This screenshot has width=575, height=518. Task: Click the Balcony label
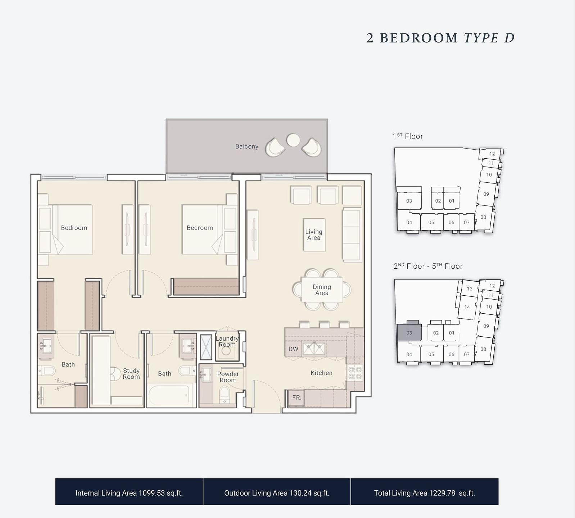click(247, 146)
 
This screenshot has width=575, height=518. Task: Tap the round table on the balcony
click(293, 140)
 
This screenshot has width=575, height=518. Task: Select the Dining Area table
click(322, 289)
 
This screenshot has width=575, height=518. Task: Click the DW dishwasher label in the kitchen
click(293, 349)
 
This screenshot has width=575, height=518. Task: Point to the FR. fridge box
click(296, 398)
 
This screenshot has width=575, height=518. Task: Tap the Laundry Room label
click(227, 341)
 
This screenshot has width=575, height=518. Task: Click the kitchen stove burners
click(355, 373)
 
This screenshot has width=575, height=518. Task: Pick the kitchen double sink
click(314, 349)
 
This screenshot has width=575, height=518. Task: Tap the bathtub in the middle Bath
click(169, 396)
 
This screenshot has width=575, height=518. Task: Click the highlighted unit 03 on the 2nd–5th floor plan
click(409, 333)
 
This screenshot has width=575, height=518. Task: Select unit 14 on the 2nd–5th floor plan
click(467, 307)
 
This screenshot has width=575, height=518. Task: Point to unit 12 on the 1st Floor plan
click(492, 154)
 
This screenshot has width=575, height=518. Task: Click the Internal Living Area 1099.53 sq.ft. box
click(129, 492)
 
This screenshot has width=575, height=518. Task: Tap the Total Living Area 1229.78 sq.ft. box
click(425, 492)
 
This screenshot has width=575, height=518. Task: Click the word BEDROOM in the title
click(419, 38)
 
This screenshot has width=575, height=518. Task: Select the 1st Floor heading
click(408, 136)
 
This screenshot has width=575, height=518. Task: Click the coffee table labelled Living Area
click(314, 235)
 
